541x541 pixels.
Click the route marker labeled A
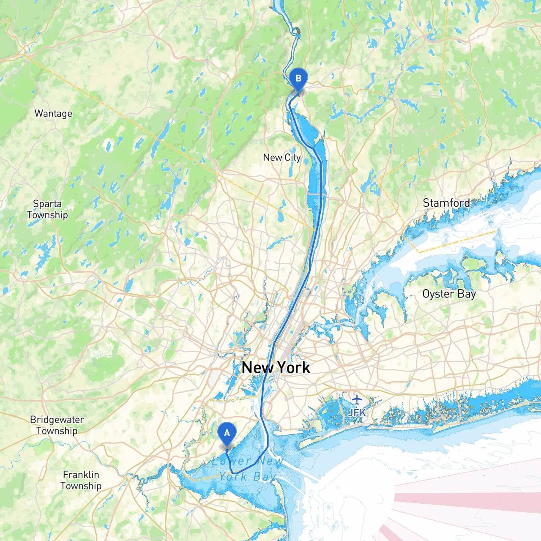click(227, 433)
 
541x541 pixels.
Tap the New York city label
click(276, 368)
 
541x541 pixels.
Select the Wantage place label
click(53, 114)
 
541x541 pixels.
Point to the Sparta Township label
click(47, 209)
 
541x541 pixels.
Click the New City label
click(281, 158)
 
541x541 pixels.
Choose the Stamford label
click(446, 203)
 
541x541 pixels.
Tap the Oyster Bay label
click(449, 294)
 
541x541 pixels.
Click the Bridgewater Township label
click(57, 425)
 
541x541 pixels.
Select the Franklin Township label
click(81, 480)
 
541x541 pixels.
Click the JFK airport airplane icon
click(357, 399)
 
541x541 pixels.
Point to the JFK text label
click(357, 413)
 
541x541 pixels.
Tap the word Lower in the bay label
click(232, 461)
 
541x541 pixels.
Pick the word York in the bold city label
click(293, 368)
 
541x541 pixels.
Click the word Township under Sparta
click(47, 215)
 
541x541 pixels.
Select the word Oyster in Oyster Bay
click(438, 294)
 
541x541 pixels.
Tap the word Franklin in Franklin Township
click(81, 475)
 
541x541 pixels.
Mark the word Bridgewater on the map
click(57, 420)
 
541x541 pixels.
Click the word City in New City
click(292, 158)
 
